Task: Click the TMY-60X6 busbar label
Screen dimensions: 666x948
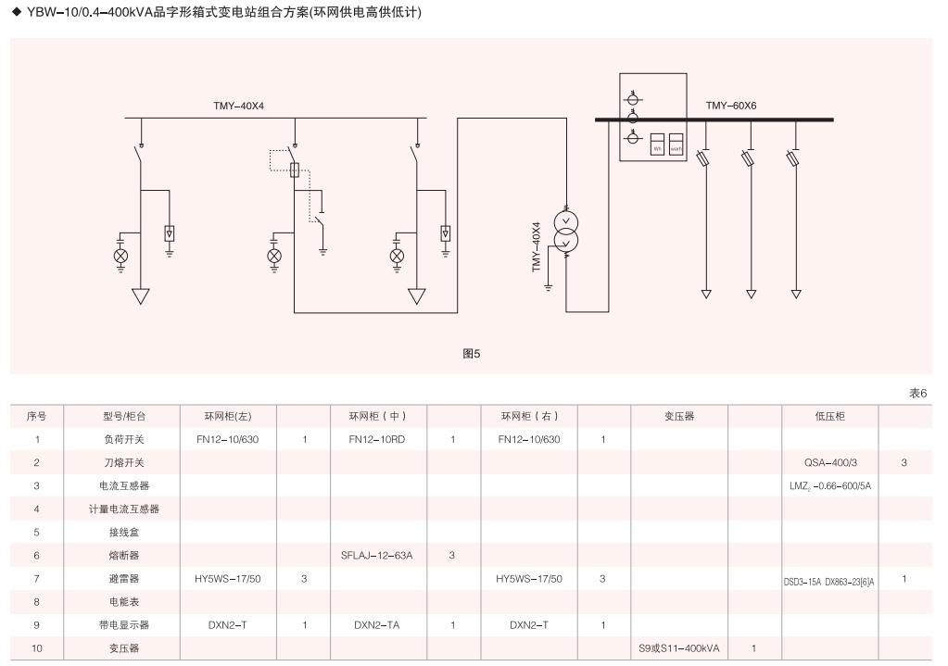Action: click(x=731, y=106)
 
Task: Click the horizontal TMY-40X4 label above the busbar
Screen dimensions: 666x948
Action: click(x=238, y=106)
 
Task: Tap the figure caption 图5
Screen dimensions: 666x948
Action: click(x=472, y=354)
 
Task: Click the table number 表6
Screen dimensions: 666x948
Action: click(x=917, y=394)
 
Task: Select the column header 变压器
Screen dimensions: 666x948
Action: click(x=678, y=417)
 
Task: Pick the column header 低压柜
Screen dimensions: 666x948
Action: click(x=829, y=417)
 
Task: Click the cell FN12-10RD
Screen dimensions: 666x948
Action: click(x=377, y=440)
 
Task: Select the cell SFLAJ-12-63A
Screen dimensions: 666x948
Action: click(x=377, y=556)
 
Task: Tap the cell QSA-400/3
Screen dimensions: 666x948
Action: click(x=829, y=462)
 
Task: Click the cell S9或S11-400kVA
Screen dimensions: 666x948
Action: click(x=678, y=648)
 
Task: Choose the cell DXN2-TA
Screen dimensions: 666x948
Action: click(x=377, y=625)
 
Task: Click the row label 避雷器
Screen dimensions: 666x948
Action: click(x=123, y=579)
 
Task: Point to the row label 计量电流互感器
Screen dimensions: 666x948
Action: click(x=123, y=509)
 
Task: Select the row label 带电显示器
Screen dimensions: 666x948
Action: click(x=123, y=625)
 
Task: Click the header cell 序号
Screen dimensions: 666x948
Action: click(x=37, y=417)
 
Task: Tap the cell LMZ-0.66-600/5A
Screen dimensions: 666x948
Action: click(x=829, y=485)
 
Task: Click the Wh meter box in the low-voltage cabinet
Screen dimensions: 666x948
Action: click(x=657, y=146)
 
